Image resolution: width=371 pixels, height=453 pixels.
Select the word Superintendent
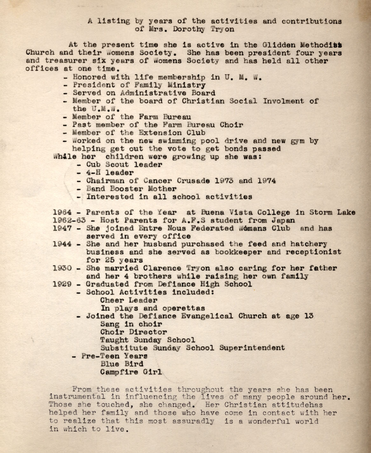pos(252,348)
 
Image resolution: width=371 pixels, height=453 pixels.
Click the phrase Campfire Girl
pos(131,372)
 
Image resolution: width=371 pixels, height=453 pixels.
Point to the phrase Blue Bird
pos(122,364)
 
